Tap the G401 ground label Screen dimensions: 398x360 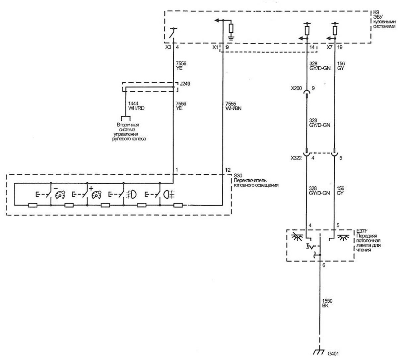point(333,353)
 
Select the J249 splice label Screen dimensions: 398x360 point(185,84)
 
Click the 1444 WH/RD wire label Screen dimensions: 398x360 point(136,106)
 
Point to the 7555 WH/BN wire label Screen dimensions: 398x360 point(233,106)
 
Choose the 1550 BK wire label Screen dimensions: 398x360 point(327,303)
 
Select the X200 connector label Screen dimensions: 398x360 point(296,88)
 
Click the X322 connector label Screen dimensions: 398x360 point(296,158)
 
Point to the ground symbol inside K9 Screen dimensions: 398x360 point(231,38)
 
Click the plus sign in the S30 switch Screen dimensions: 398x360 point(91,188)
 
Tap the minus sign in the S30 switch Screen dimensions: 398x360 point(56,188)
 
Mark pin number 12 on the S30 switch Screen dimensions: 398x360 point(228,170)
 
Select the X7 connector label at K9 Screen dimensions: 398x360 point(329,47)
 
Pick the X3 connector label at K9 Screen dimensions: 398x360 point(168,47)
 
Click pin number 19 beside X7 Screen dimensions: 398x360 point(340,47)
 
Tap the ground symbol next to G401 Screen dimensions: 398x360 point(319,352)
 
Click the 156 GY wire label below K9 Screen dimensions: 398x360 point(341,66)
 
